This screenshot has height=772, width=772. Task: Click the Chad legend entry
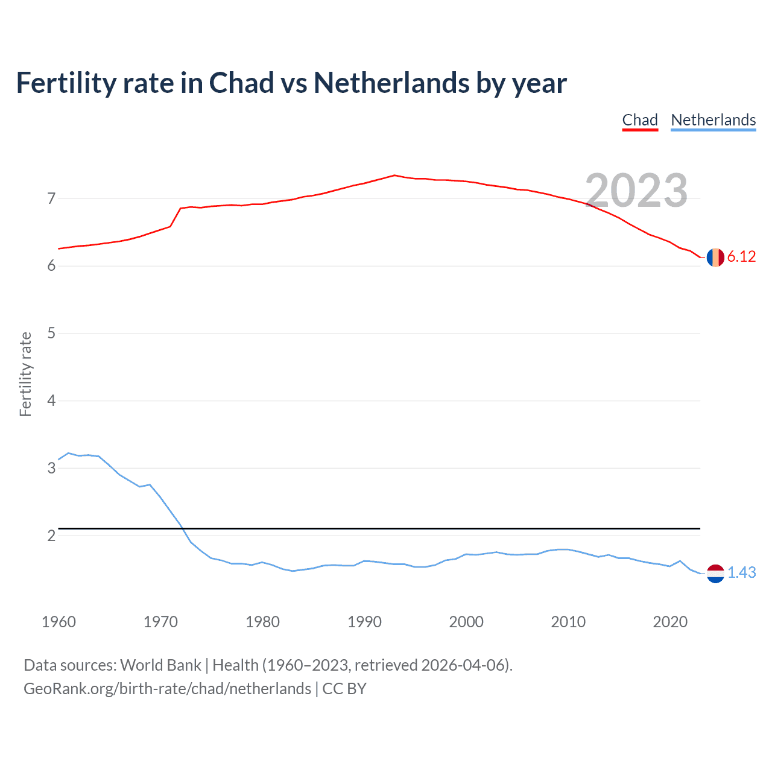click(640, 120)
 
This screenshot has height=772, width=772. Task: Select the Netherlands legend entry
click(713, 120)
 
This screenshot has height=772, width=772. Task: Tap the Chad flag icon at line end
click(715, 257)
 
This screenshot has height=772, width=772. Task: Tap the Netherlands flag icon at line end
click(715, 573)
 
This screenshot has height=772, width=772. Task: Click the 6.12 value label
click(741, 256)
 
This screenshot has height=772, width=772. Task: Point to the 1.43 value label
click(741, 572)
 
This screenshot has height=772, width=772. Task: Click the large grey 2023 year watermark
click(636, 190)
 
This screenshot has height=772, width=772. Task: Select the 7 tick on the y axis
click(51, 198)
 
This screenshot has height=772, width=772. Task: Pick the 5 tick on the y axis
click(51, 333)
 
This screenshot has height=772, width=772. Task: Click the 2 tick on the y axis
click(51, 536)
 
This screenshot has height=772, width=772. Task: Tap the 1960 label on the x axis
click(59, 622)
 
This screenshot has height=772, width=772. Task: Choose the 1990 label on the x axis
click(364, 622)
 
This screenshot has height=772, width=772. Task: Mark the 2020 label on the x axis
click(670, 622)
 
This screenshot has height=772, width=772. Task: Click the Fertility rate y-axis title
click(25, 374)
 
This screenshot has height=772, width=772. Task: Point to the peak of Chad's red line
click(394, 175)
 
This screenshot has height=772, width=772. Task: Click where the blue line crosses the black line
click(182, 528)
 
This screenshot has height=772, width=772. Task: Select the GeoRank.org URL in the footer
click(167, 689)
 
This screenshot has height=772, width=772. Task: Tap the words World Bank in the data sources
click(160, 665)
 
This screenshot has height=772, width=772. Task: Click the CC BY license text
click(344, 689)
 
